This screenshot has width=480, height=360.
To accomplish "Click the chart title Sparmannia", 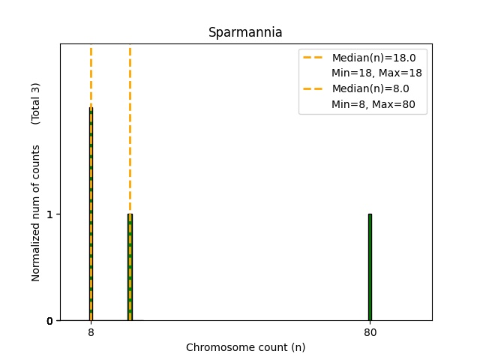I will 245,32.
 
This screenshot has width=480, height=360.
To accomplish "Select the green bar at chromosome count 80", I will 370,267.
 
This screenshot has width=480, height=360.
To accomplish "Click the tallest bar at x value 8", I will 91,214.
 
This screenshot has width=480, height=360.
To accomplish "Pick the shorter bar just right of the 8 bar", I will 130,267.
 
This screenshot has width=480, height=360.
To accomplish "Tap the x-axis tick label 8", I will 91,332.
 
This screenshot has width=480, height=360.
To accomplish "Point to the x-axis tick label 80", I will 370,332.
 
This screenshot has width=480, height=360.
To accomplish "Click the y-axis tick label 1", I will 49,214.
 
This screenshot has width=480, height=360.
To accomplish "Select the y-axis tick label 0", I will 49,321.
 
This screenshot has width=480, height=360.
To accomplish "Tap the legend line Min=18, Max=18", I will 376,73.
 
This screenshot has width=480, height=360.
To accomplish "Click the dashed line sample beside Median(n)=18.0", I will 315,58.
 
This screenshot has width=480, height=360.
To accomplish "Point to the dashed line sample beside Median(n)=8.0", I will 315,88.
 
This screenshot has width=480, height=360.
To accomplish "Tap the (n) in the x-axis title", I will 298,347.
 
